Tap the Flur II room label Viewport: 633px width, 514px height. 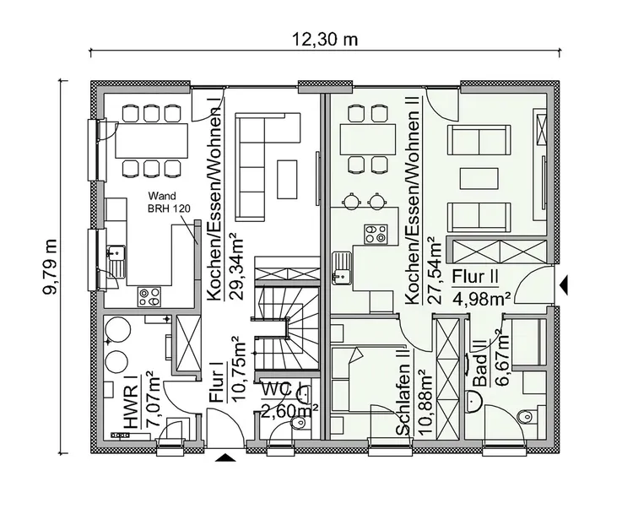click(x=479, y=276)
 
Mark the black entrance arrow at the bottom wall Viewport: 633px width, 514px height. click(x=225, y=457)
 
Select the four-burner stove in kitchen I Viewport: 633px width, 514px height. click(x=151, y=295)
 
